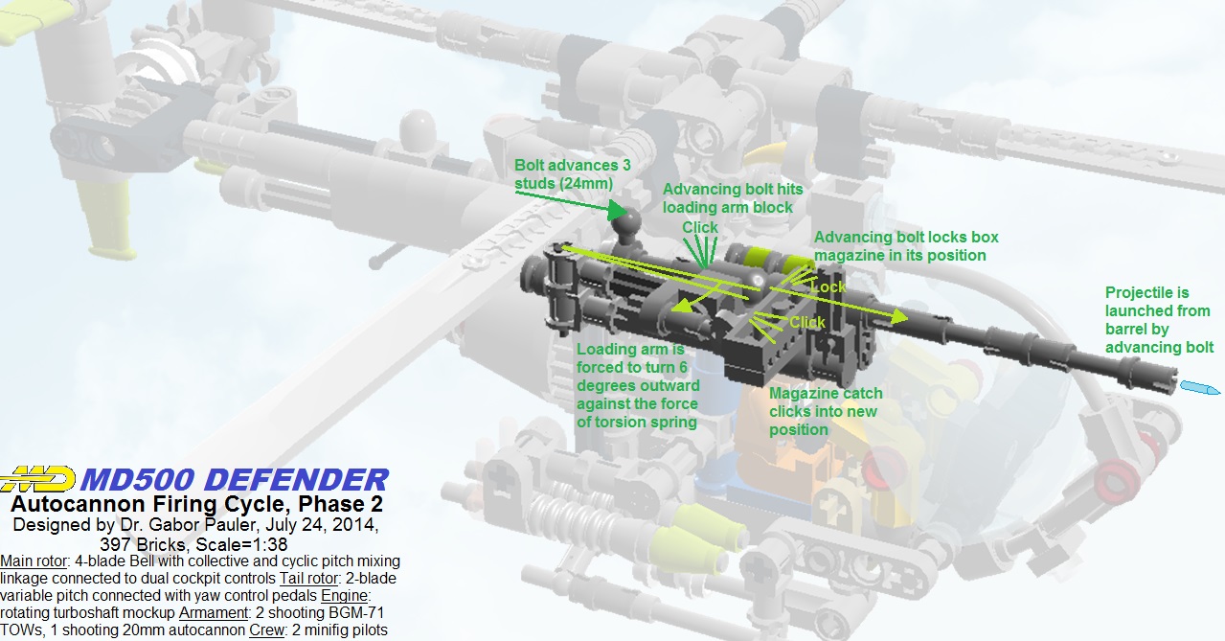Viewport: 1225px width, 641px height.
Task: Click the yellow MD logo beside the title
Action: (x=38, y=478)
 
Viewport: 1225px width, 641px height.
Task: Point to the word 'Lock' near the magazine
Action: (x=828, y=286)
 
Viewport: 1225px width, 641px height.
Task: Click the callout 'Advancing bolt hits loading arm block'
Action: (x=728, y=197)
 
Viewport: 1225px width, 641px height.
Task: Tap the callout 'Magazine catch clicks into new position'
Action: (x=825, y=411)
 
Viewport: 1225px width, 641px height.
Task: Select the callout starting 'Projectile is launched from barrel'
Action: (x=1159, y=319)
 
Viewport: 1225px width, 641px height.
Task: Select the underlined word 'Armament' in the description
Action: (x=210, y=613)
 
